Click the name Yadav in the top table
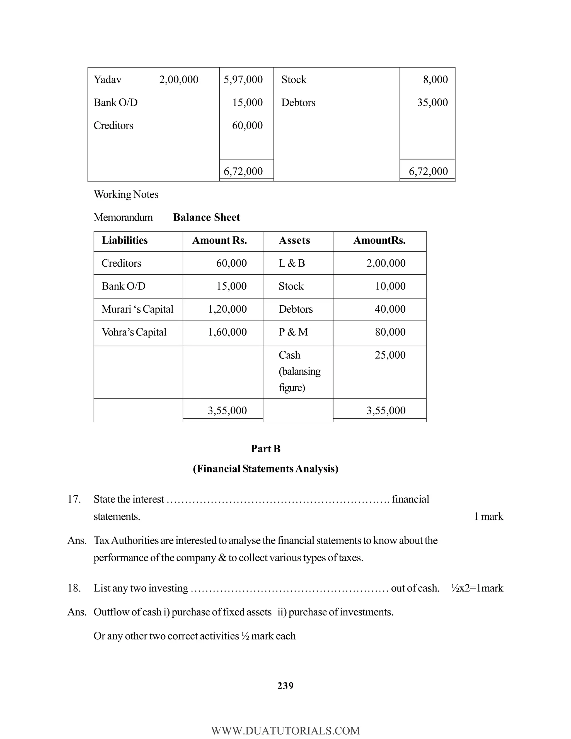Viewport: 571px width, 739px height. click(x=107, y=80)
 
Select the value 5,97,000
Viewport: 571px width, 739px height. click(x=243, y=80)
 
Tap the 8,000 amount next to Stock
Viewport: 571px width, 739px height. click(x=435, y=80)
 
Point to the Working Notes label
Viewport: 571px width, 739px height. click(x=126, y=195)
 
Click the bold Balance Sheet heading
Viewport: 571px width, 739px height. click(x=206, y=218)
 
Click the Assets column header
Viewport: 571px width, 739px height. click(x=294, y=241)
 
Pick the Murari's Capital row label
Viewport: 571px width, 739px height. click(x=137, y=309)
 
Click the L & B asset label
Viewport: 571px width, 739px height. click(x=292, y=263)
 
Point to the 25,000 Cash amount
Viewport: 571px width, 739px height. click(x=390, y=355)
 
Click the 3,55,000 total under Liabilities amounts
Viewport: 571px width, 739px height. click(x=227, y=411)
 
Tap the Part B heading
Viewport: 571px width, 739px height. click(x=265, y=449)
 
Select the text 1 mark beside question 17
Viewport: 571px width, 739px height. click(x=488, y=517)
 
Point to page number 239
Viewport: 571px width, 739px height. click(x=285, y=686)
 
